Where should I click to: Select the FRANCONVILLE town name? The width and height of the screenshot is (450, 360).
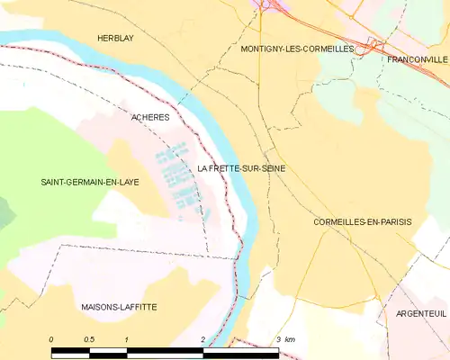pyautogui.click(x=417, y=58)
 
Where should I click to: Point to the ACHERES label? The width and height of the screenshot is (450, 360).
pyautogui.click(x=150, y=117)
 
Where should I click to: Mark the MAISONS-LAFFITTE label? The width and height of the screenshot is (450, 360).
pyautogui.click(x=118, y=307)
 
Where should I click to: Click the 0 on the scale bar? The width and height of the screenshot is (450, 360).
pyautogui.click(x=51, y=338)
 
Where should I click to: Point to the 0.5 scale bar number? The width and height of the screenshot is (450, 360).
pyautogui.click(x=88, y=338)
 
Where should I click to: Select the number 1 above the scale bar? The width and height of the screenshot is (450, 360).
pyautogui.click(x=127, y=338)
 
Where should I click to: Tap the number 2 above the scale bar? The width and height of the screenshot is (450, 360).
pyautogui.click(x=203, y=338)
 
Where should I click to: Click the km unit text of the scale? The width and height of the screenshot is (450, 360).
pyautogui.click(x=291, y=338)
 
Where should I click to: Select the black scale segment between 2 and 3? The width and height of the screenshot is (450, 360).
pyautogui.click(x=241, y=349)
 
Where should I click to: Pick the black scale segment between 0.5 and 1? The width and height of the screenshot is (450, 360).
pyautogui.click(x=108, y=349)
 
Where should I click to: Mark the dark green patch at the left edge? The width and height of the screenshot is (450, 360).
pyautogui.click(x=4, y=211)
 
